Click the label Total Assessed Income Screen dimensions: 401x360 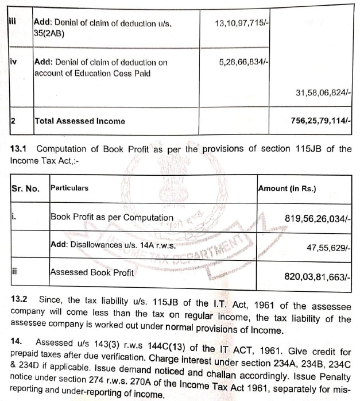coord(80,121)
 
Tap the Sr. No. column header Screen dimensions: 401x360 coord(25,188)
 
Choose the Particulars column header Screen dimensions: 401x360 coord(69,188)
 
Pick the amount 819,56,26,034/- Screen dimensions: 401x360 coord(318,218)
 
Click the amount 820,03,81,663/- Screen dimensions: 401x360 coord(318,276)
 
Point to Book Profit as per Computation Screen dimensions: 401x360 coord(112,217)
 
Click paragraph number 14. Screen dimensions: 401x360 coord(16,341)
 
